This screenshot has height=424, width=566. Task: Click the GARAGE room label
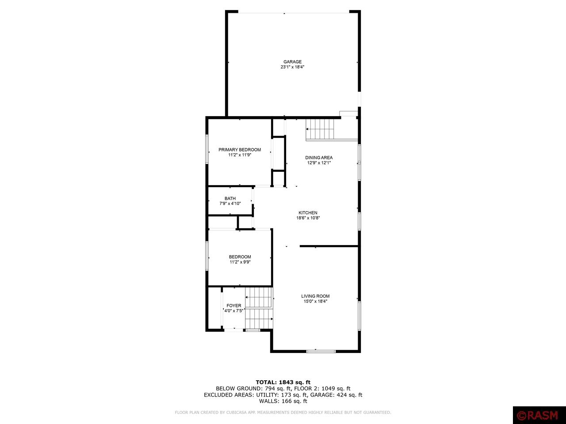292,62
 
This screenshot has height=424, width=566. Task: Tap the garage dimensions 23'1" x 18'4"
292,67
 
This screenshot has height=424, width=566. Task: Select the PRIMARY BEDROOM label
240,150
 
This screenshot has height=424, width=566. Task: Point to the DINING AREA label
319,158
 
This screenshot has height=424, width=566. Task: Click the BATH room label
230,198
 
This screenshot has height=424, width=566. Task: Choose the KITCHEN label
308,212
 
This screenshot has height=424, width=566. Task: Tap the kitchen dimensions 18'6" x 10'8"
308,218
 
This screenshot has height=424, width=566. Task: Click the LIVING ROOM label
315,296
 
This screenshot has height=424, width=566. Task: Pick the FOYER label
234,306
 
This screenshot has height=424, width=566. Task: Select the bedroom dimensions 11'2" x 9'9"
240,262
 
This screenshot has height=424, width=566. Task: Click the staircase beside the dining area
320,129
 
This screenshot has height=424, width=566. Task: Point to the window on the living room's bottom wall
321,351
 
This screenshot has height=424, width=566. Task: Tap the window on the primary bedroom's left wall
207,149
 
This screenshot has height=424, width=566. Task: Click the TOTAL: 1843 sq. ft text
283,382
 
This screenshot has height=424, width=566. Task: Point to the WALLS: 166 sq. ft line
283,401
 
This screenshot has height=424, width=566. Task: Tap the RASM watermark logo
538,415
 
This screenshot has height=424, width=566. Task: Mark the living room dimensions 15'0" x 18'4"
315,301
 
